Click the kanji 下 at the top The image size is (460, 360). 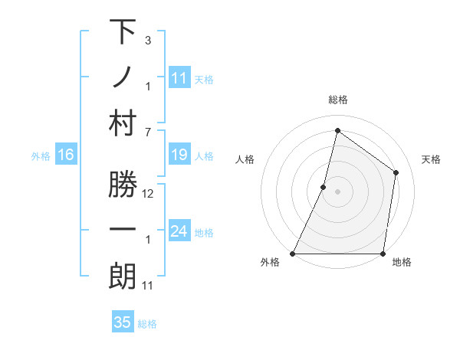click(123, 33)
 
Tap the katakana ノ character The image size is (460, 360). click(123, 78)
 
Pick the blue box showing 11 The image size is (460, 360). click(179, 77)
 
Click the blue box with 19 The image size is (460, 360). click(179, 155)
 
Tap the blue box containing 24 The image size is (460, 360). click(179, 231)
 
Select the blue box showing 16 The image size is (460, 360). click(66, 155)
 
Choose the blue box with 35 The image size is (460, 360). click(123, 322)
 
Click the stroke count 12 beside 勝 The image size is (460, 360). click(148, 194)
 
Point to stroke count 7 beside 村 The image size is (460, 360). click(148, 132)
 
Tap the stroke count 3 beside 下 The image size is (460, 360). click(148, 40)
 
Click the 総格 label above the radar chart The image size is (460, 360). click(337, 100)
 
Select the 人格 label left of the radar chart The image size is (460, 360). click(245, 159)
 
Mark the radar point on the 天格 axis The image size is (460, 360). click(396, 172)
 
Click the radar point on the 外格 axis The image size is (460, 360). click(293, 254)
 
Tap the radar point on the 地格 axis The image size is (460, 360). click(383, 254)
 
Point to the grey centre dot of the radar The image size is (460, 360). click(337, 191)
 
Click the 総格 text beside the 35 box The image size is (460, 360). click(147, 323)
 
